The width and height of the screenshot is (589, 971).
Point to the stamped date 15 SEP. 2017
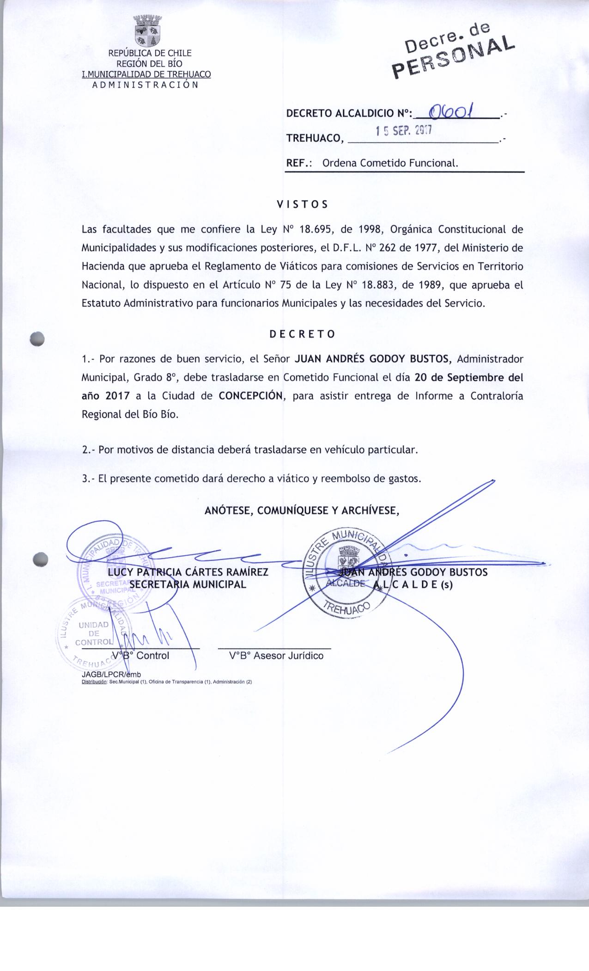pyautogui.click(x=403, y=132)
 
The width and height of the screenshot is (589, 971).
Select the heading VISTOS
pyautogui.click(x=302, y=204)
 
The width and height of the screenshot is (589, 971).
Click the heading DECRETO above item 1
pyautogui.click(x=302, y=334)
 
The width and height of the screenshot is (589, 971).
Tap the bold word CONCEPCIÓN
pyautogui.click(x=250, y=396)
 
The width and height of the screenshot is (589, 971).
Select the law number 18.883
pyautogui.click(x=378, y=285)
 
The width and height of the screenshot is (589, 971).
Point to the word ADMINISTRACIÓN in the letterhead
pyautogui.click(x=146, y=85)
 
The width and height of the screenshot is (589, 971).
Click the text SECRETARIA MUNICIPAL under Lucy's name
pyautogui.click(x=188, y=584)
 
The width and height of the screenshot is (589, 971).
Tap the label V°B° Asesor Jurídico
pyautogui.click(x=276, y=656)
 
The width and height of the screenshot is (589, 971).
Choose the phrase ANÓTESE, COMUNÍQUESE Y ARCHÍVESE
pyautogui.click(x=302, y=510)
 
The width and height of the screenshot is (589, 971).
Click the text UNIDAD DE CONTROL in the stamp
pyautogui.click(x=94, y=633)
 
